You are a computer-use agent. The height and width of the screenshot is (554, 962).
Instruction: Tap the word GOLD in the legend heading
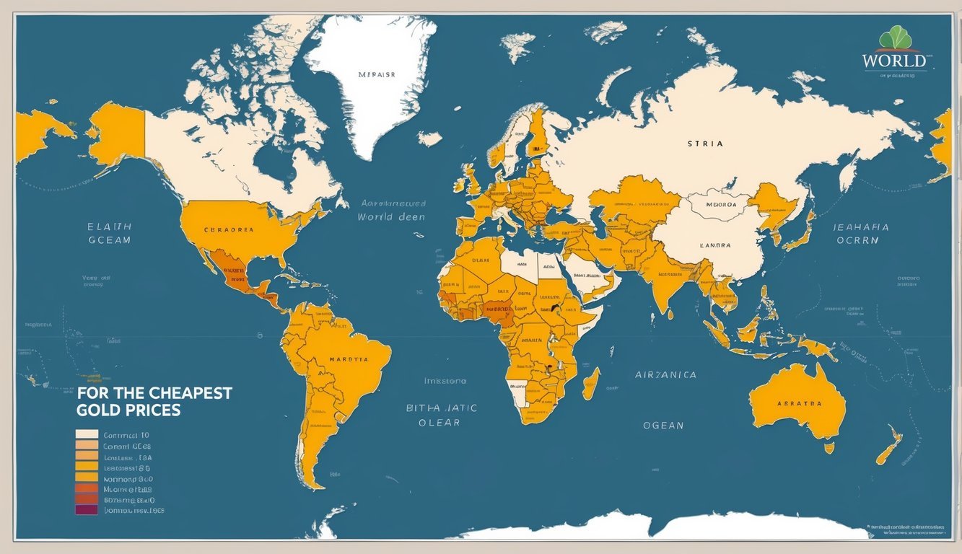tap(97, 410)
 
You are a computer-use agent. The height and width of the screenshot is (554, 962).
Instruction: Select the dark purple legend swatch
tap(86, 510)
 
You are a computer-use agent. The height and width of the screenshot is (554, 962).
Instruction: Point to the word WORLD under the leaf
tap(893, 61)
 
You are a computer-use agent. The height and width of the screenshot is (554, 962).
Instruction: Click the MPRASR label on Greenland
tap(376, 74)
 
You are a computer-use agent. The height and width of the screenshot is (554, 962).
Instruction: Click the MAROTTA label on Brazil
tap(348, 359)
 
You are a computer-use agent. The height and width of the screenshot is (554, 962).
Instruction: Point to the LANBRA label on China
tap(715, 245)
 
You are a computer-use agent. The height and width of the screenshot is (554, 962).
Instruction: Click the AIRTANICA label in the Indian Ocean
tap(665, 375)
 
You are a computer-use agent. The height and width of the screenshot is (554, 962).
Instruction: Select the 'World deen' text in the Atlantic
tap(390, 216)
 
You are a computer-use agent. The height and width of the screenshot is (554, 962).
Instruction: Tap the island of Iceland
tap(429, 138)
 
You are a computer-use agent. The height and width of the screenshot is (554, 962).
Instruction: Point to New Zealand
tap(889, 446)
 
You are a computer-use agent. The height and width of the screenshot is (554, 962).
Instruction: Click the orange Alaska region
tap(115, 133)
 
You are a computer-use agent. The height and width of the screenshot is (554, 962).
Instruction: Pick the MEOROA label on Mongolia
tap(715, 204)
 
